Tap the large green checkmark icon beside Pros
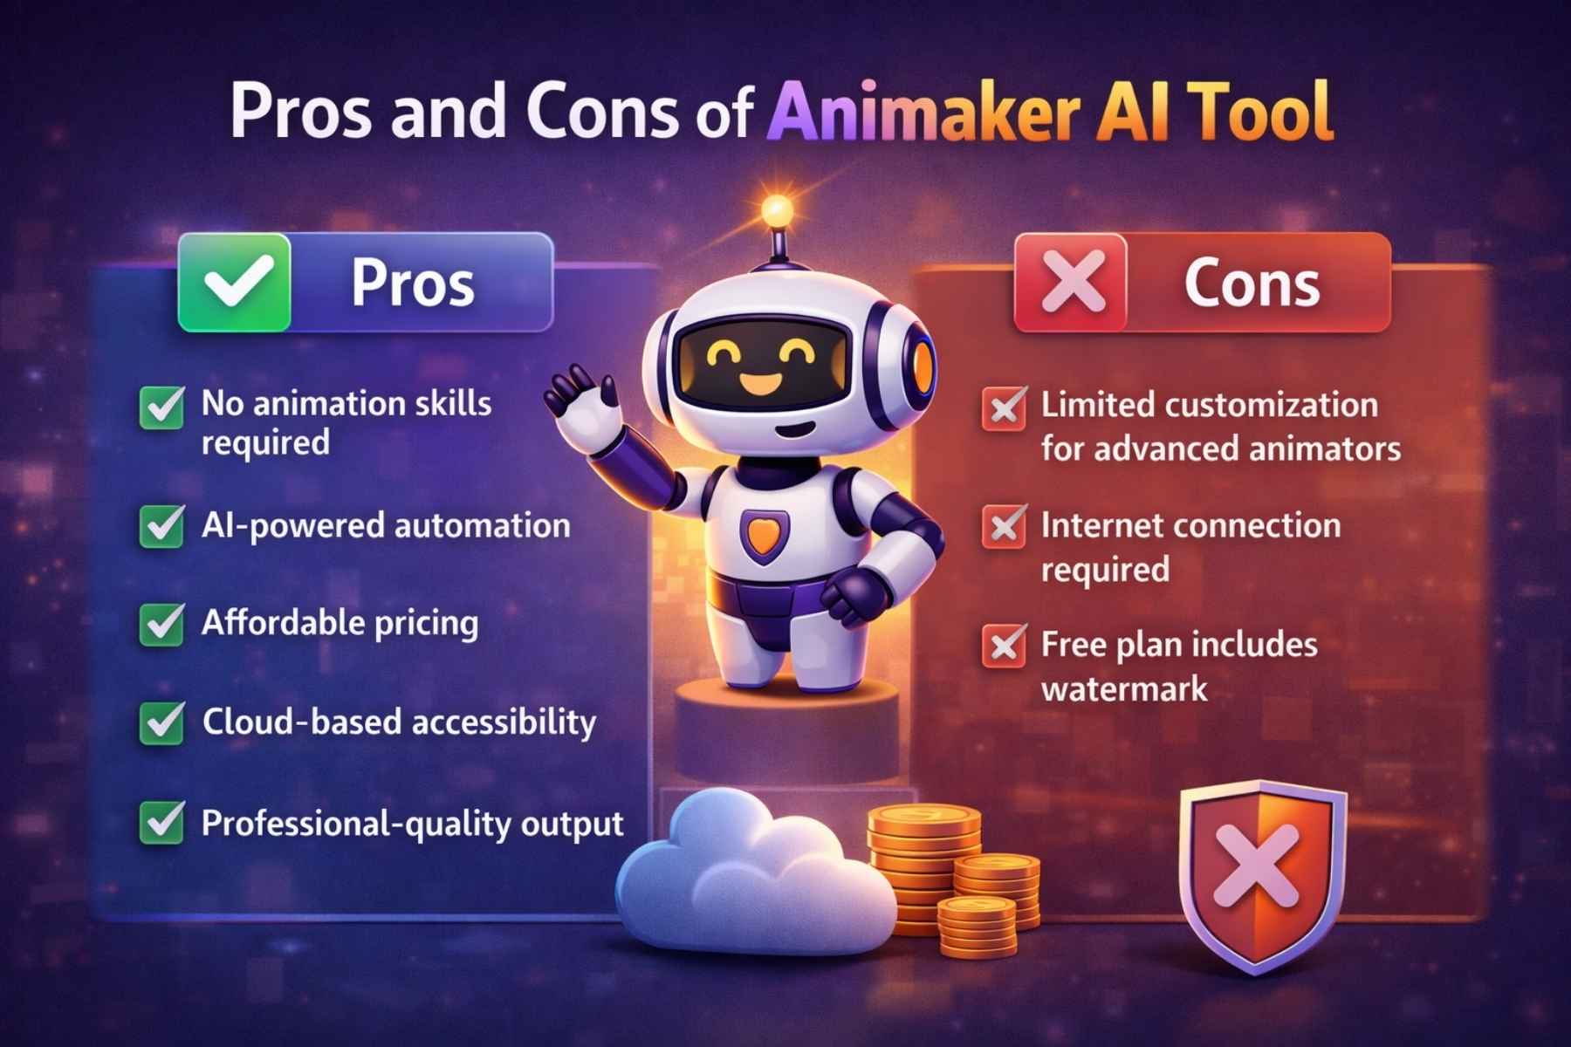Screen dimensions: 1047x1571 click(235, 283)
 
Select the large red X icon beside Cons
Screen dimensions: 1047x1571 click(1072, 283)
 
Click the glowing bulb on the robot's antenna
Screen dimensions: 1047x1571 click(776, 209)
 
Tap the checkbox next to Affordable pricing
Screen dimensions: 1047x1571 click(162, 624)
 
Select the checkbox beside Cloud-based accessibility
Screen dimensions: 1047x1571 click(162, 722)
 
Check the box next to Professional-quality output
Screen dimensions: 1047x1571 click(162, 823)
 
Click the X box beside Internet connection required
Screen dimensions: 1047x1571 click(1004, 526)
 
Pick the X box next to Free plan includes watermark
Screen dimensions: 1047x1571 click(1004, 646)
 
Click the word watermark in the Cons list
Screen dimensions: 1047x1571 click(1124, 690)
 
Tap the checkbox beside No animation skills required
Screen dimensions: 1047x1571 click(162, 407)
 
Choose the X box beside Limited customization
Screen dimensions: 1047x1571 click(1004, 407)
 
